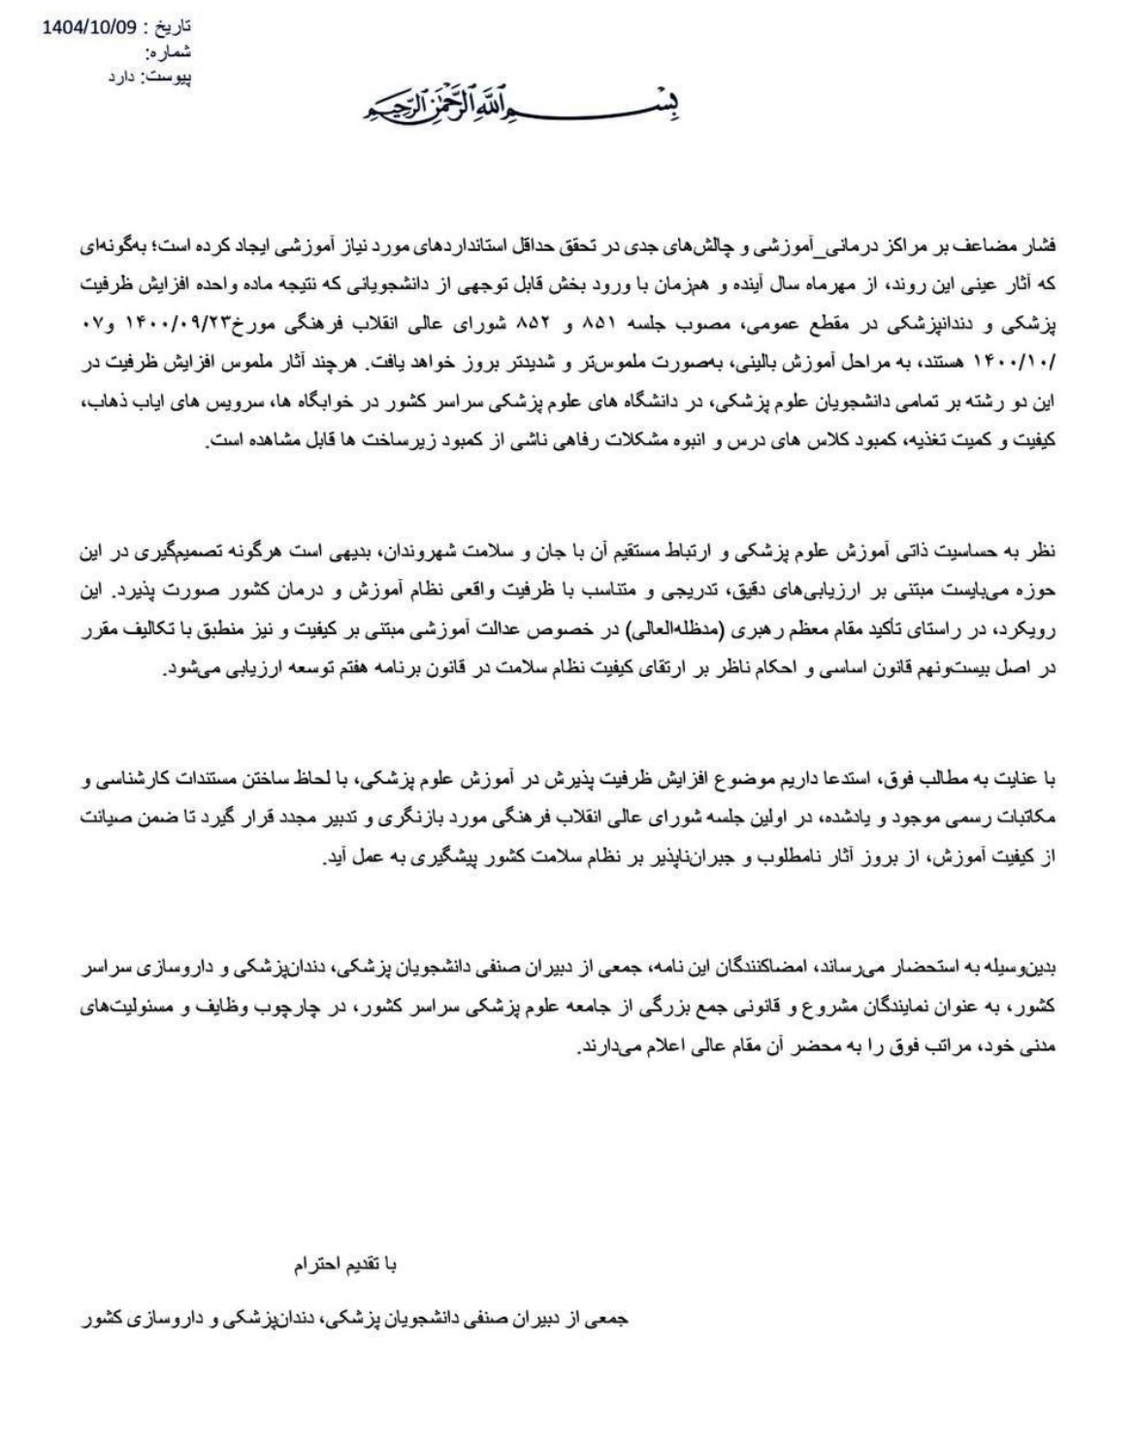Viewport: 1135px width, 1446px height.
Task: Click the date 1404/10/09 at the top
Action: coord(86,26)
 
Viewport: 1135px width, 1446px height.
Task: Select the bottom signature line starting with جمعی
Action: coord(353,1320)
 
